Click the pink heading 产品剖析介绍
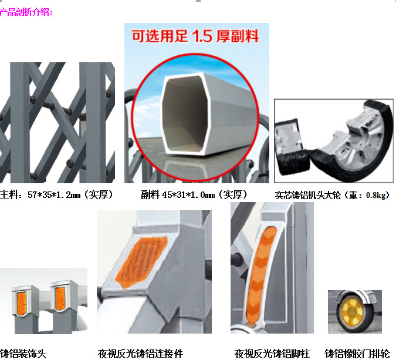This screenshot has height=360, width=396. tap(26, 12)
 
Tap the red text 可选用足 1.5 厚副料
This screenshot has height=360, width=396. tap(195, 36)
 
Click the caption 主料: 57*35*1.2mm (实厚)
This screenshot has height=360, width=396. tap(56, 195)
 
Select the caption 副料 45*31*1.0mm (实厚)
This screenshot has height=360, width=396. tap(194, 195)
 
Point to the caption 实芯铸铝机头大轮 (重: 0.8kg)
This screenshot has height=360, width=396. tap(333, 195)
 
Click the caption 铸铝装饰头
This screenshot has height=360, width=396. tap(23, 354)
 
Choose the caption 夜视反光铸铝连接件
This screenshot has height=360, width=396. tap(140, 354)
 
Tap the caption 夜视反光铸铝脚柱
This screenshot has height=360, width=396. tap(272, 354)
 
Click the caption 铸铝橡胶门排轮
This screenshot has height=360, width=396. tap(357, 354)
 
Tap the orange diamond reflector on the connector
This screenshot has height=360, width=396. tap(141, 262)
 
